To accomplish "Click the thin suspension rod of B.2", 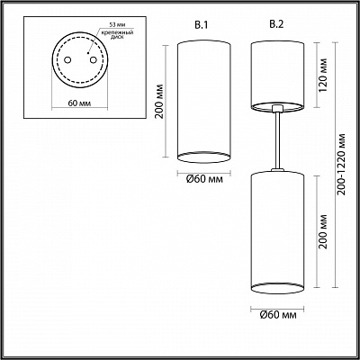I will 280,140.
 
